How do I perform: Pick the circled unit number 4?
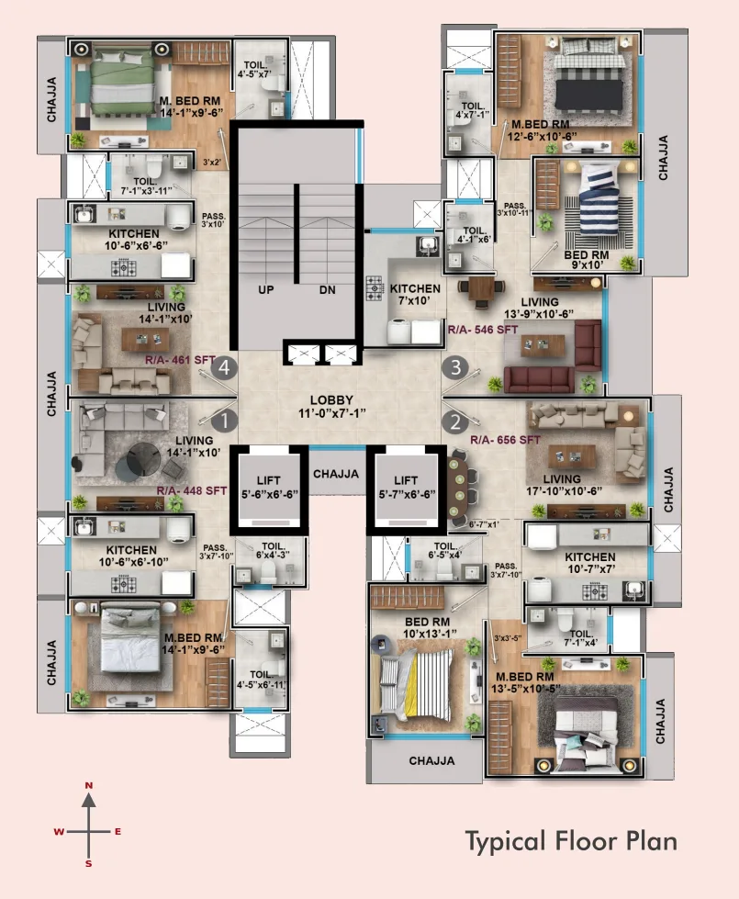point(225,369)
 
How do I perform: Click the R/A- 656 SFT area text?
point(506,440)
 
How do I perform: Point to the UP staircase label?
point(266,290)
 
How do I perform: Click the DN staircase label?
point(327,290)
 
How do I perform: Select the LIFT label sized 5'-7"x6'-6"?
point(406,487)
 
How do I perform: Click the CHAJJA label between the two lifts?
point(335,474)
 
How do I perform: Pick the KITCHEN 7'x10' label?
point(415,295)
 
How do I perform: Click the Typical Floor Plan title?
point(571,840)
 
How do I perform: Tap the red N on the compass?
point(89,786)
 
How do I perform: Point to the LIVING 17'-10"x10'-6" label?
point(562,485)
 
